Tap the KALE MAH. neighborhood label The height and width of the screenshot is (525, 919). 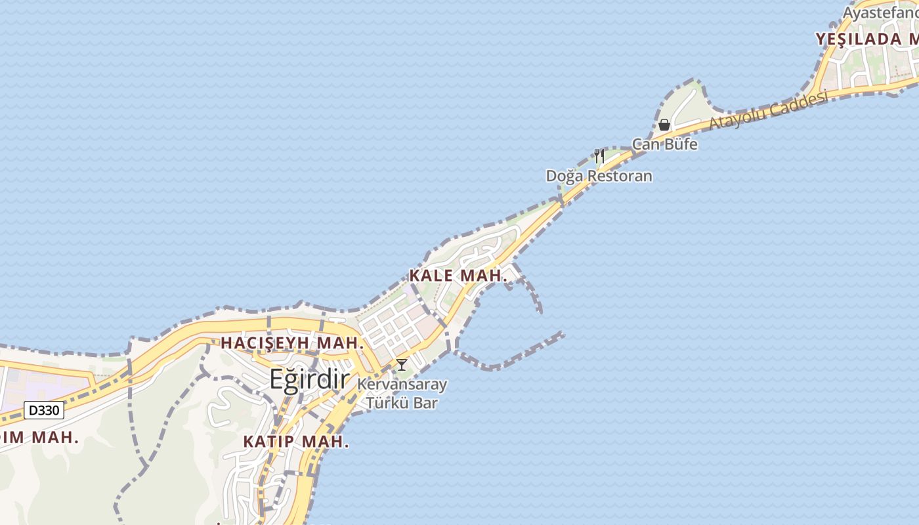point(458,276)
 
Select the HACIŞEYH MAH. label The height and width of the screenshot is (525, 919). point(292,343)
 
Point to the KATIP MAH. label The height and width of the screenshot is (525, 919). point(296,442)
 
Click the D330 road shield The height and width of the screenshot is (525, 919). point(44,411)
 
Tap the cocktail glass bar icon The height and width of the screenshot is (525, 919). point(402,365)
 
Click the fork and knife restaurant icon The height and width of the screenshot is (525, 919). point(599,156)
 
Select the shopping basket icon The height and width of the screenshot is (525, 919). point(664,124)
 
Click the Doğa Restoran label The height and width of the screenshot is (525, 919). point(599,176)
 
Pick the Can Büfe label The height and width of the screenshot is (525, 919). point(664,144)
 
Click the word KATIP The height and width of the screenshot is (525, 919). point(270,442)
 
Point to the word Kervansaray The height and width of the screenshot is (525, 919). point(402,385)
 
